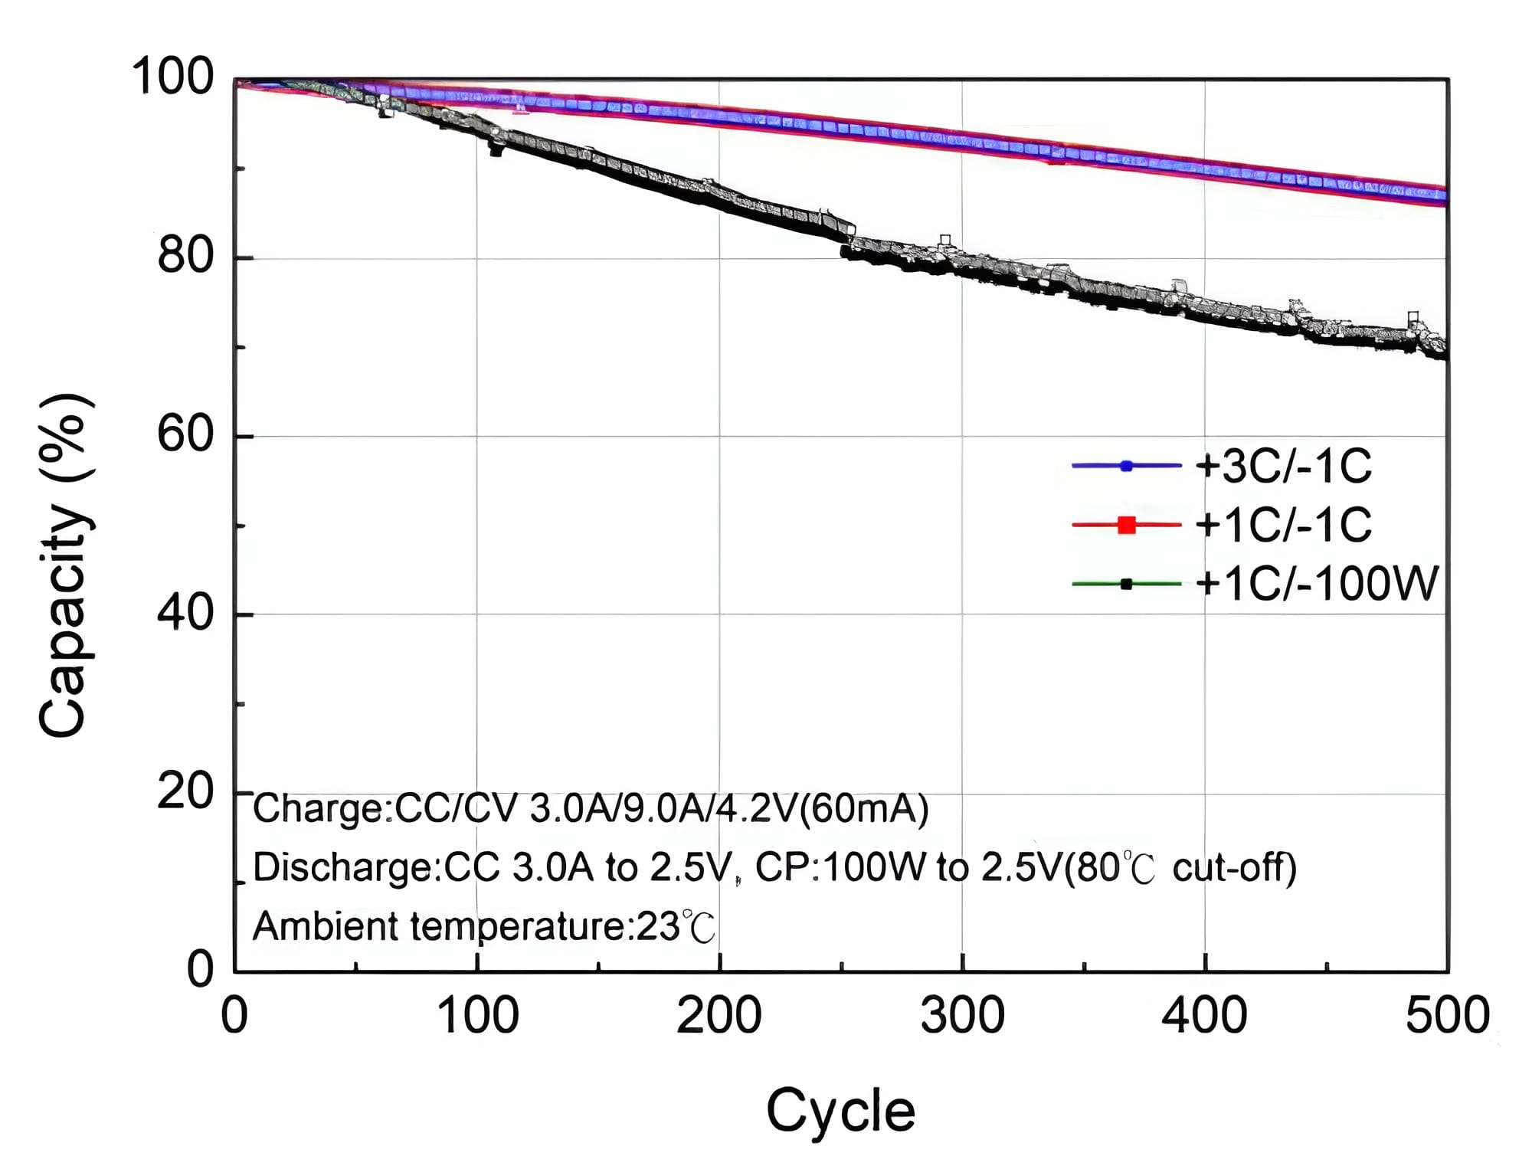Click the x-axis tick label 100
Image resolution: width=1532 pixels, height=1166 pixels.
(477, 1016)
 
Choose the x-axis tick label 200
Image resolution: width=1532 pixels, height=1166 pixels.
(719, 1016)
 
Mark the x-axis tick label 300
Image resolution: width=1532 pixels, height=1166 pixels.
(962, 1016)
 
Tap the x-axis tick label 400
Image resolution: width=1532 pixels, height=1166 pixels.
(1205, 1016)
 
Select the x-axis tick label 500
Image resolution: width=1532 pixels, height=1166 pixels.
(1447, 1016)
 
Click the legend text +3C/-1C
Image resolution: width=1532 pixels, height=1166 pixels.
(1283, 466)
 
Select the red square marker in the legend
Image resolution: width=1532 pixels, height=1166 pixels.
(1127, 525)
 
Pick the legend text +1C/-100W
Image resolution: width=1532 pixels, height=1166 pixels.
(1316, 584)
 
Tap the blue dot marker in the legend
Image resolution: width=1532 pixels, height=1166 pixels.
(1126, 466)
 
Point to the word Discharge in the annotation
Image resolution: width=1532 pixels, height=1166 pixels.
(342, 868)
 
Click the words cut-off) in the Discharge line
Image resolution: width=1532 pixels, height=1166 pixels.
(1235, 868)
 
